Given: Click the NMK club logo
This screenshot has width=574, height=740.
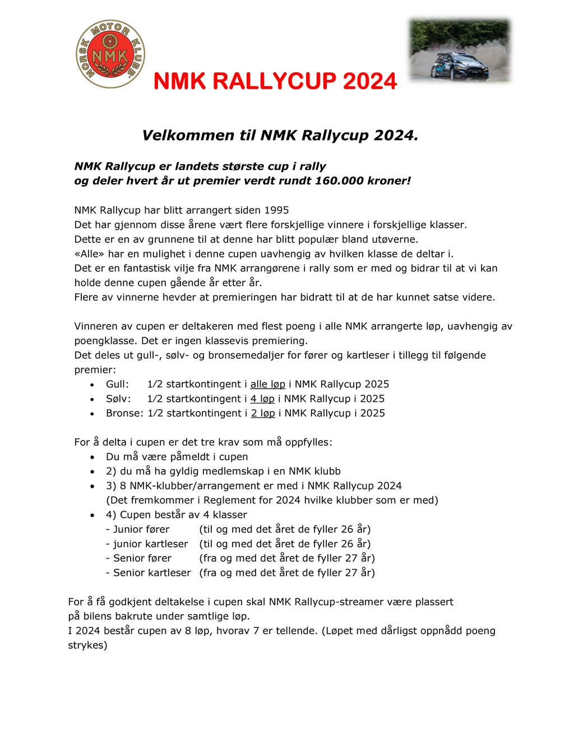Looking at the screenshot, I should coord(110,54).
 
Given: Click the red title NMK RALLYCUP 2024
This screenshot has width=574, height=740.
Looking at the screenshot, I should coord(275,82).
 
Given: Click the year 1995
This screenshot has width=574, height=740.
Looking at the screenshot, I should coord(276,210).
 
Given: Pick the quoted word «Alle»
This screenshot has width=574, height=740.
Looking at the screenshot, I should coord(90,254).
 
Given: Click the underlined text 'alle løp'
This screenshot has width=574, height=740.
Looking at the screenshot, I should coord(267,384).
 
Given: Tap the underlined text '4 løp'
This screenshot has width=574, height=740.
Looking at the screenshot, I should coord(262,399).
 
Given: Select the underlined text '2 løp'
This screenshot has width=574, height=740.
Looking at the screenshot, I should coord(263,413).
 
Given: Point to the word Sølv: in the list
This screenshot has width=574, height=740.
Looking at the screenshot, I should coord(118,399).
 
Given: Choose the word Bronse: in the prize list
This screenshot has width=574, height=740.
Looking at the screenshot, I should coord(124,413).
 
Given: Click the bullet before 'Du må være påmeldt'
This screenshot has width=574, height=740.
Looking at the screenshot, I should coord(92,457).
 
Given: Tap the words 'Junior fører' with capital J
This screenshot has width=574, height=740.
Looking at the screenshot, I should coord(141,529).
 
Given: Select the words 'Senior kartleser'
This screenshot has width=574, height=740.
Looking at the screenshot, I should coord(152,573).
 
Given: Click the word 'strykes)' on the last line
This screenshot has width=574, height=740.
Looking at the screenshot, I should coord(87,645).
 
